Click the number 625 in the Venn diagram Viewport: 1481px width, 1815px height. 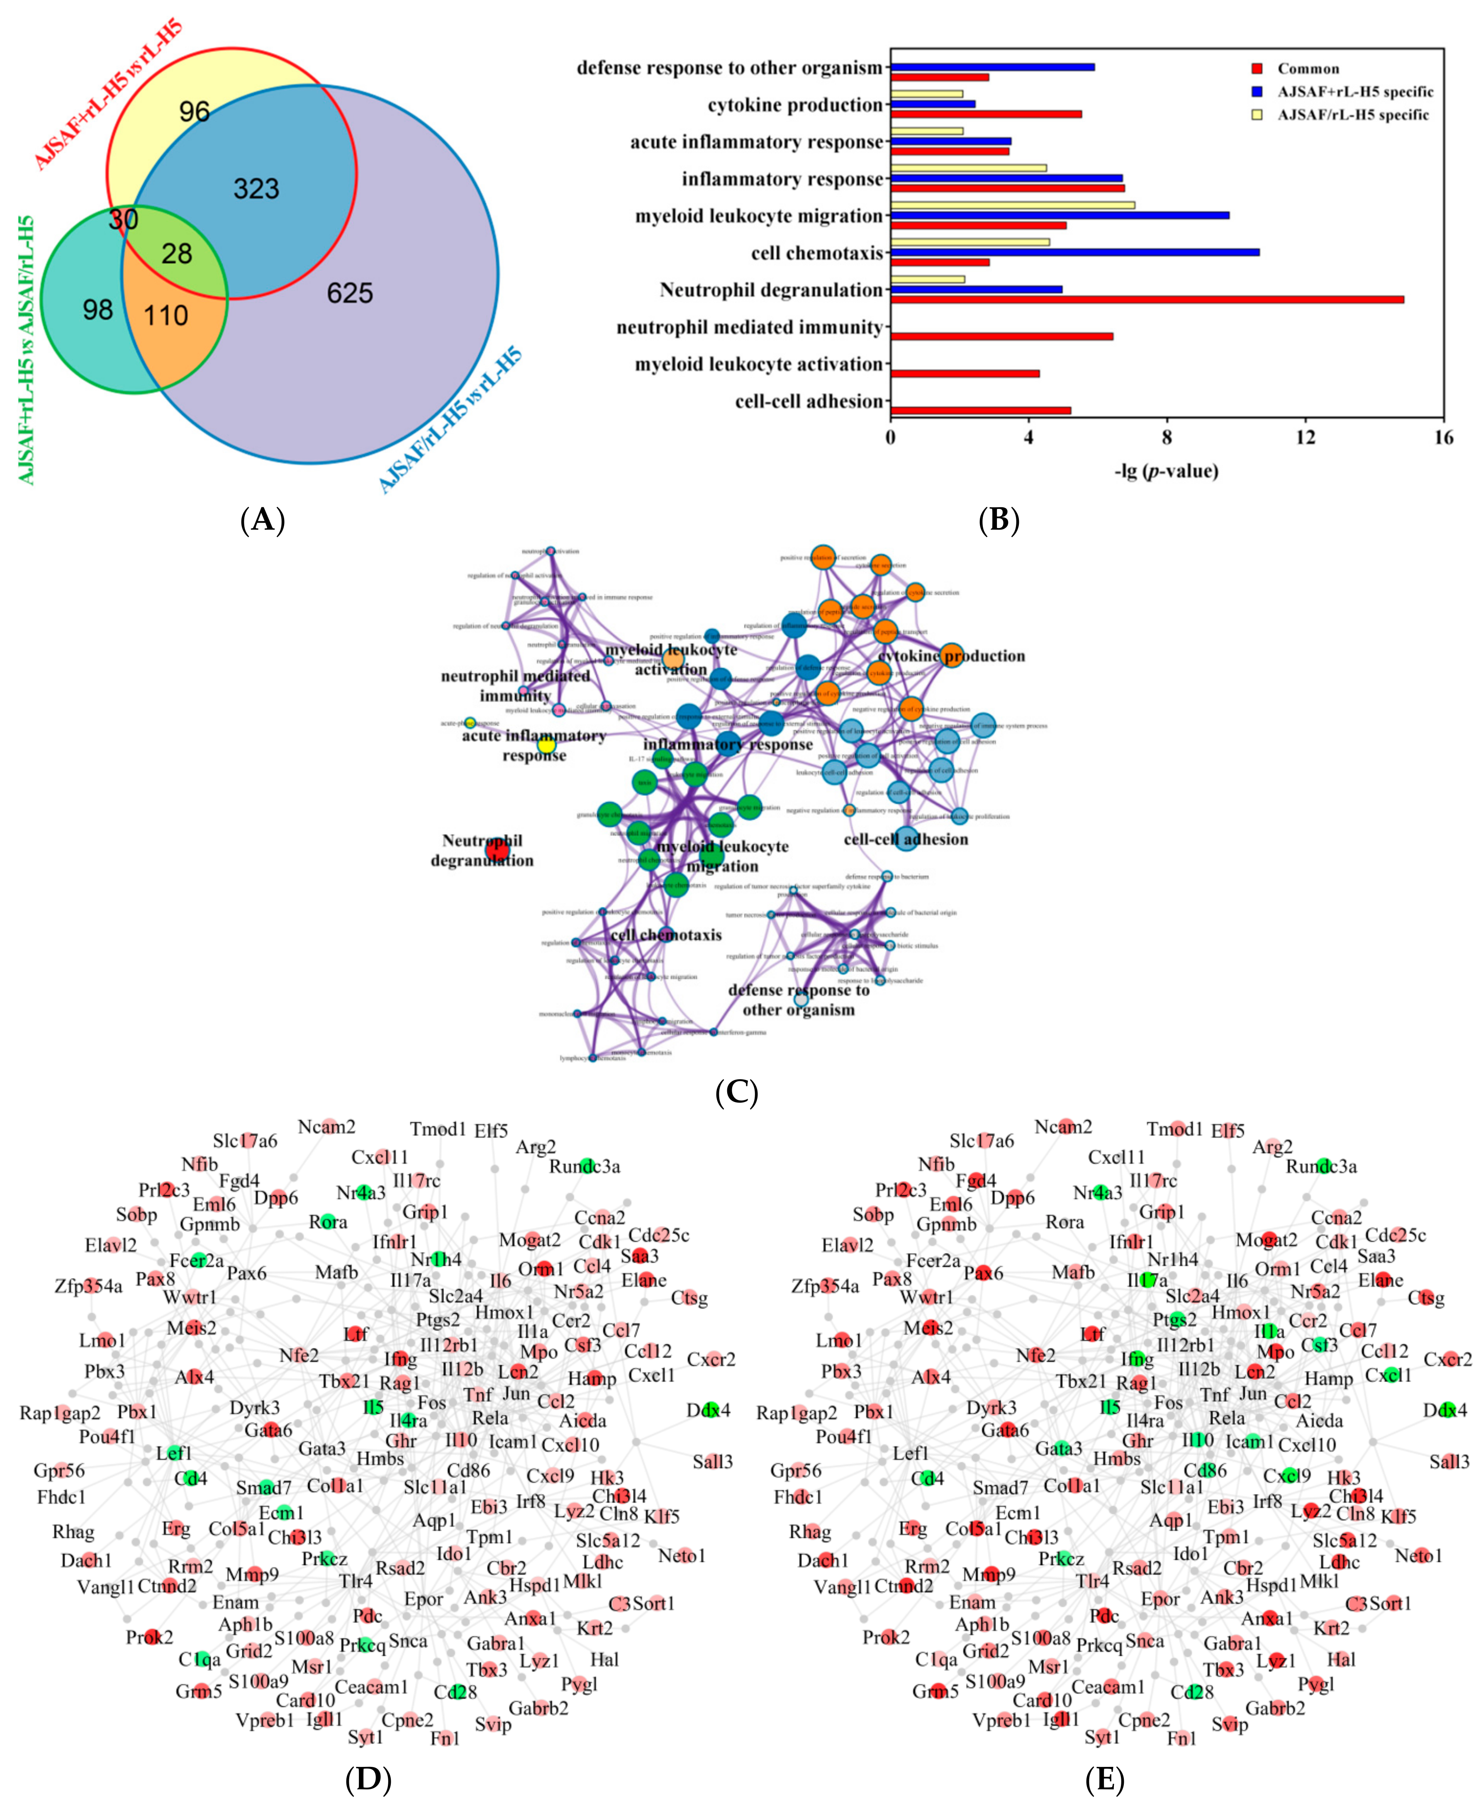click(x=350, y=293)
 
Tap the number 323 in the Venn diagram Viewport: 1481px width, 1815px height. click(x=256, y=188)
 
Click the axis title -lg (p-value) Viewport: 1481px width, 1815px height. click(x=1166, y=471)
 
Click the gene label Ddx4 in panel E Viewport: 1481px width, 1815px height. click(x=1444, y=1411)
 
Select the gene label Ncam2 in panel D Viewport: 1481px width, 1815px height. click(x=326, y=1128)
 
